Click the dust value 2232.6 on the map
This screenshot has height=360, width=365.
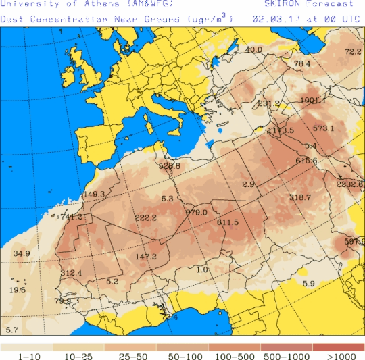tap(349, 184)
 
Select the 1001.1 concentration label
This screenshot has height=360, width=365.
tap(313, 101)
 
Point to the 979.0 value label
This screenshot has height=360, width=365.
tap(196, 212)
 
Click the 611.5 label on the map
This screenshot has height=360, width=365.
tap(228, 222)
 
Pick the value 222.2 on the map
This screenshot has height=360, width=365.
tap(145, 217)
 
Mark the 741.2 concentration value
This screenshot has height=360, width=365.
tap(72, 217)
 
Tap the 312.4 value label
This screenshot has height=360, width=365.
tap(71, 273)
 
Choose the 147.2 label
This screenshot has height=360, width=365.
tap(146, 257)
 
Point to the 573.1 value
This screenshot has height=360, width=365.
tap(324, 128)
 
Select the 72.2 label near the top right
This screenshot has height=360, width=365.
tap(354, 52)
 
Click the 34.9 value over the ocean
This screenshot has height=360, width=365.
tap(22, 254)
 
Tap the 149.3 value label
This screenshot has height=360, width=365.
tap(94, 195)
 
